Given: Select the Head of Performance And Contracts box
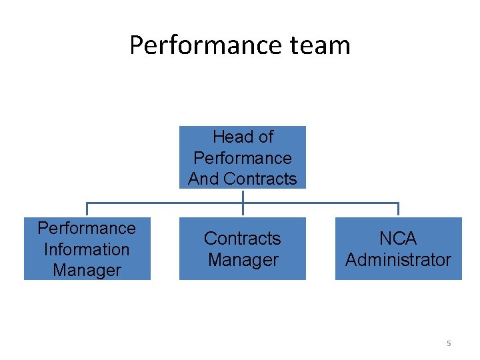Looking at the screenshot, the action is pos(243,157).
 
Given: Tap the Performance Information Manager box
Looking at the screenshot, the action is pos(87,249).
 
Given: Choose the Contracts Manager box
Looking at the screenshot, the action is pos(243,249).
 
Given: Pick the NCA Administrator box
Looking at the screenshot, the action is pos(398,249).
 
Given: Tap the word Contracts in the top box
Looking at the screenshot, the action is pos(261,179).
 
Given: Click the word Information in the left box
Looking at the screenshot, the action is pos(87,249).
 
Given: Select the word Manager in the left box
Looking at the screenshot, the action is pos(87,270).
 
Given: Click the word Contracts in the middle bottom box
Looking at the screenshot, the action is pos(243,238).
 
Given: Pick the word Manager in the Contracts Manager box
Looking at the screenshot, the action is pos(243,259).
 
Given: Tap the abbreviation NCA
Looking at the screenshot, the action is pos(398,238).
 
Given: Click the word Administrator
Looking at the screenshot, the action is pos(398,259).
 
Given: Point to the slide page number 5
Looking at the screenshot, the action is pos(449,343).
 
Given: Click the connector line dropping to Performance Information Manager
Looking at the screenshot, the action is pos(87,209).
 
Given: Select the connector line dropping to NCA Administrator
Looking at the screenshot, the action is pos(398,209).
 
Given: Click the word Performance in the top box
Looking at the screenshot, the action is pos(243,158).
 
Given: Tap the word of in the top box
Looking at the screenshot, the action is pos(265,137).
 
